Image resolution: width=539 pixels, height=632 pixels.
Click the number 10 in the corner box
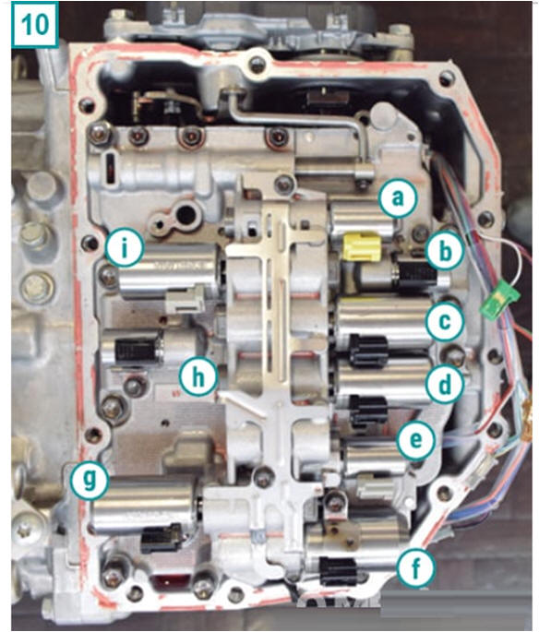click(35, 24)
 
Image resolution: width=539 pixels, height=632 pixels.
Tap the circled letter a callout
click(398, 197)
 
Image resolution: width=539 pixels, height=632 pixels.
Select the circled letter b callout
click(445, 251)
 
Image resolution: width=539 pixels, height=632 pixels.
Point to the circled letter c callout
click(445, 321)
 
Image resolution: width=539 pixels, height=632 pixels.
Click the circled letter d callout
click(444, 385)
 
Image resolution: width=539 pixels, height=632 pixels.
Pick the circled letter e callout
click(415, 439)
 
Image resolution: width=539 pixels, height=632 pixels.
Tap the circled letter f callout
click(415, 568)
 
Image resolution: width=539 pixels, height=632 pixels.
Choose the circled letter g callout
click(90, 480)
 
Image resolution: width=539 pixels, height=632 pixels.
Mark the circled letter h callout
click(198, 376)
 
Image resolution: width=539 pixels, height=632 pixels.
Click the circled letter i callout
click(125, 247)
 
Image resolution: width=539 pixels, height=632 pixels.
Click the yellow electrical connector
click(362, 246)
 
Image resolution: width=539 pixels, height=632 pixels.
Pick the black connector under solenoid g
click(161, 538)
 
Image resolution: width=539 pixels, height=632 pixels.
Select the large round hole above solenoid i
click(186, 214)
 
